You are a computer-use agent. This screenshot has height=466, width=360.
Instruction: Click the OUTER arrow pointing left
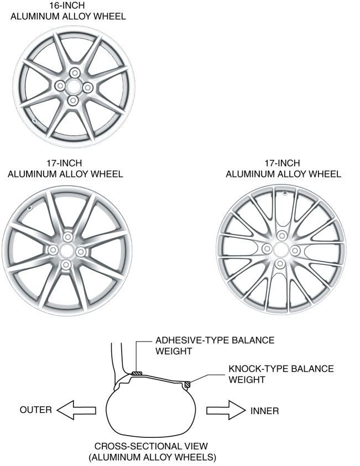[76, 410]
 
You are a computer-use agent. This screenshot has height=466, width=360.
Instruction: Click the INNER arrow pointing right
[226, 410]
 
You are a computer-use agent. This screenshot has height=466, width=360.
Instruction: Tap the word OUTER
[36, 410]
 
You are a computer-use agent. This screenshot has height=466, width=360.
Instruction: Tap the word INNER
[264, 411]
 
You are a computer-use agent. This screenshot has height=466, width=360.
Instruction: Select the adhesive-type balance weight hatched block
[137, 374]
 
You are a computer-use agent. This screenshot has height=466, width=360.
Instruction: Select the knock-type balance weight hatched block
[187, 384]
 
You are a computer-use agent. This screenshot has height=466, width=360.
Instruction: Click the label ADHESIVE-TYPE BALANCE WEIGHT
[215, 345]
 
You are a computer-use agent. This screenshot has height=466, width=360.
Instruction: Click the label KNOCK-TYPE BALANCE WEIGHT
[281, 374]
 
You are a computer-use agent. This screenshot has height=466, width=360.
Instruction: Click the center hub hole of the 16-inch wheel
[73, 86]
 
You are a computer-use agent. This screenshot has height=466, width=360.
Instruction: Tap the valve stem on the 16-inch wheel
[34, 121]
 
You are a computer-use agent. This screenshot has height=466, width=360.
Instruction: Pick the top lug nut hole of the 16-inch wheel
[74, 72]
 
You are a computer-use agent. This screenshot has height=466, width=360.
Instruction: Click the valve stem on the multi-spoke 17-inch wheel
[285, 193]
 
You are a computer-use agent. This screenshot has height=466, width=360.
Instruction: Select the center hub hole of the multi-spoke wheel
[280, 249]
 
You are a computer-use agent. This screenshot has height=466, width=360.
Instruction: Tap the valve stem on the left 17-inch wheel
[29, 208]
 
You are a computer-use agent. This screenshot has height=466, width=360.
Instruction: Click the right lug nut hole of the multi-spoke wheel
[295, 250]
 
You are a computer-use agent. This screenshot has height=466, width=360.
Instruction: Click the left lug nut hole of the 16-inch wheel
[60, 86]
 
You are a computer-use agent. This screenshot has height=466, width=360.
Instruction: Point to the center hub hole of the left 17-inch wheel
[66, 251]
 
